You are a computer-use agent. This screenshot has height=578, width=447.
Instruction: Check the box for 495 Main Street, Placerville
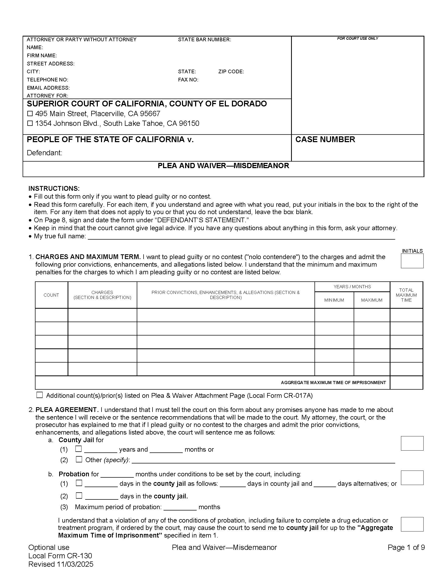[30, 113]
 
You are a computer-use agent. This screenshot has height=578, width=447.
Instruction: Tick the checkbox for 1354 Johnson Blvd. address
[30, 123]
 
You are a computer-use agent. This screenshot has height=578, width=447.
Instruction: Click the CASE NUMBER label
[325, 140]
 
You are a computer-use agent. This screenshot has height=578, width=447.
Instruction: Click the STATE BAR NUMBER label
[204, 39]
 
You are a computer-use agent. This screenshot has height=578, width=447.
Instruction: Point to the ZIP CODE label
[231, 71]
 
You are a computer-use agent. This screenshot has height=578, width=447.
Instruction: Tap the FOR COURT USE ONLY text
[358, 38]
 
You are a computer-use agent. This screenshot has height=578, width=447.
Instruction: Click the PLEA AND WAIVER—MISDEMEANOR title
[223, 166]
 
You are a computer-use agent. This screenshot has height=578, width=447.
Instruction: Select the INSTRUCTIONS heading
[54, 188]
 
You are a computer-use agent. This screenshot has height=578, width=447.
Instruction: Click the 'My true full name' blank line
[241, 236]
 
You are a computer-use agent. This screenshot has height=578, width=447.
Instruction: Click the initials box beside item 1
[412, 261]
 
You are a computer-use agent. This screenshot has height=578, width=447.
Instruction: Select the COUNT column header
[51, 295]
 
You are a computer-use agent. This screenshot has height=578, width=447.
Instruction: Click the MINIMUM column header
[334, 300]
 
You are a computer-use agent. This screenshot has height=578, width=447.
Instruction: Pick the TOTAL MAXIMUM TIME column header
[406, 295]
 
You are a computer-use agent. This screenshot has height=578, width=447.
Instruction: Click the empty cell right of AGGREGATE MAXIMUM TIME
[406, 383]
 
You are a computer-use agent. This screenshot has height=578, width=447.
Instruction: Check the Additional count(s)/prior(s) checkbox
[39, 395]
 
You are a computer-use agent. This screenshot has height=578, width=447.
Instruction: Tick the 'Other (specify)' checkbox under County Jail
[79, 459]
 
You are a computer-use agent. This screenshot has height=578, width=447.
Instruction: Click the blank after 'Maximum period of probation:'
[180, 507]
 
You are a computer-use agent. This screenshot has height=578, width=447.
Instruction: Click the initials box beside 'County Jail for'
[412, 443]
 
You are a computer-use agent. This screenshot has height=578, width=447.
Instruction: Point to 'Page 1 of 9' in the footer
[406, 547]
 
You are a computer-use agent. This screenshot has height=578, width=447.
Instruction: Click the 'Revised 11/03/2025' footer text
[61, 564]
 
